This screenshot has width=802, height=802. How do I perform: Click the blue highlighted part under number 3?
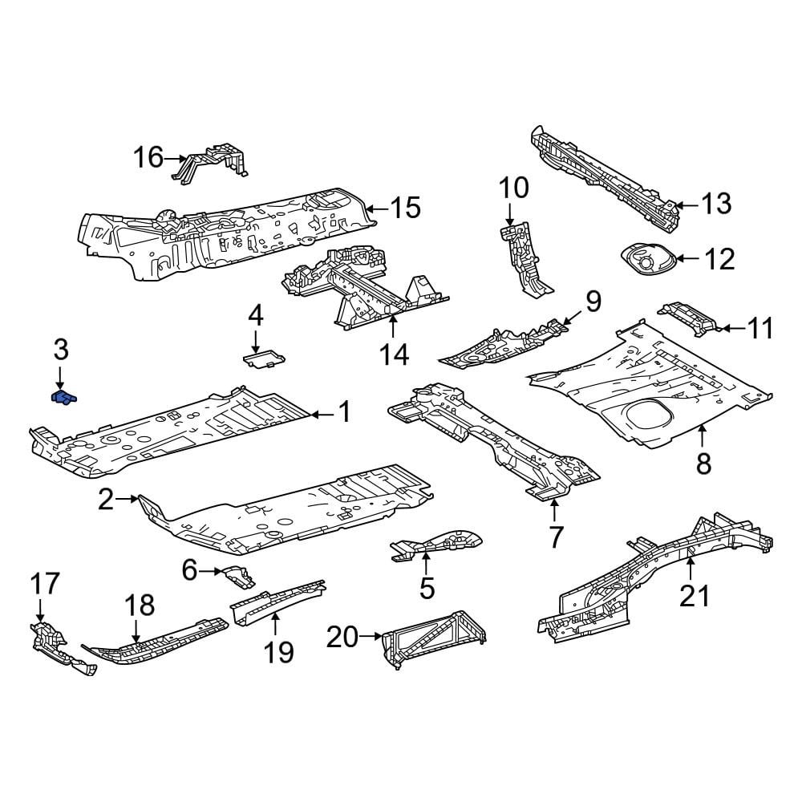(64, 398)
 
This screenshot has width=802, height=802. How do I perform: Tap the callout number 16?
(148, 157)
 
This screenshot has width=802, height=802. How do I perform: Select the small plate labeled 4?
(263, 358)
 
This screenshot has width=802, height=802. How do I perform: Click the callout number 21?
(695, 595)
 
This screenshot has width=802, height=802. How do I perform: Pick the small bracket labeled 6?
(237, 577)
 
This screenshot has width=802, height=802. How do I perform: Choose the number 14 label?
(395, 354)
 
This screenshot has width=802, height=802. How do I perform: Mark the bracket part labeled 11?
(689, 318)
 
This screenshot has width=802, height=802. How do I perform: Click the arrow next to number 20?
(371, 636)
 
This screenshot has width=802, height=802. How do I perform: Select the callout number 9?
(593, 302)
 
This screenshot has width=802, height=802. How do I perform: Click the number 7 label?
(556, 537)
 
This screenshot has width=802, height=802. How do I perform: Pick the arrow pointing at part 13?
(686, 205)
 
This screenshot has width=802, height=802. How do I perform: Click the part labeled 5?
(435, 545)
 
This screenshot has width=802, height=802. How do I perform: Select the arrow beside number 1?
(322, 415)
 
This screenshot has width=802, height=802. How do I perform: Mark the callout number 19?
(279, 651)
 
